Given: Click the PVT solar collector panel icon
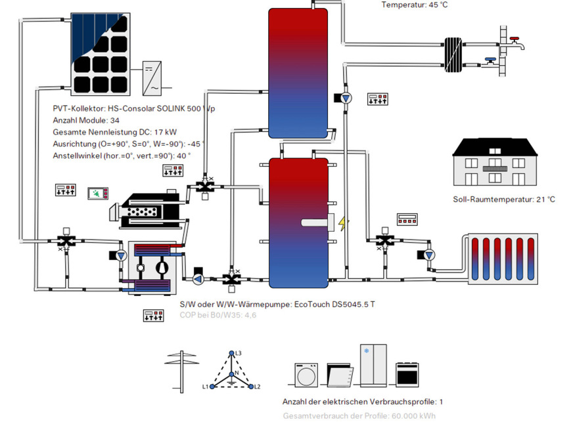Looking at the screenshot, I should pos(105,54).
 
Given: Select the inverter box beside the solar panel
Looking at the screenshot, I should pos(154,77).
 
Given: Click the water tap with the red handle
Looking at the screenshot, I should pos(516,43).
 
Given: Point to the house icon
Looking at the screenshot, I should pos(494,163).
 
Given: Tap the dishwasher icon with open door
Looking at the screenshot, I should pos(338,376).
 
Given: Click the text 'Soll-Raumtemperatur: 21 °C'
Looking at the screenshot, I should pos(503,200).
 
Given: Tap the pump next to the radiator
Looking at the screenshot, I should pos(429,255).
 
